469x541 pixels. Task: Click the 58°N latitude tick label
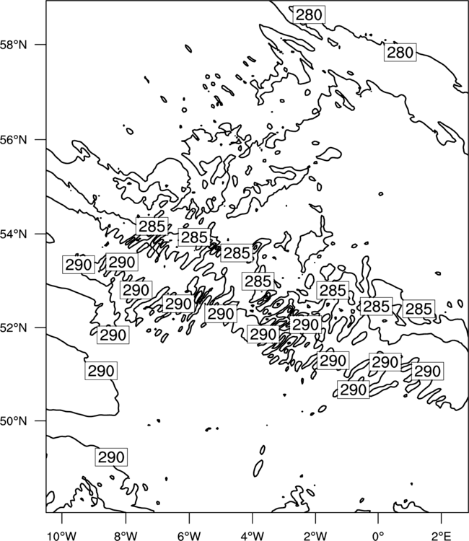(14, 45)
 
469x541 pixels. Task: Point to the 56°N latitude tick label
(14, 140)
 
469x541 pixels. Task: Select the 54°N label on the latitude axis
(14, 234)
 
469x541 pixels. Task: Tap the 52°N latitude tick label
(14, 327)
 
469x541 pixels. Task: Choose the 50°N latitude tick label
(14, 421)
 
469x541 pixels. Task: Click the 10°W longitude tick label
(62, 536)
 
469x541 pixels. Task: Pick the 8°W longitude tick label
(126, 536)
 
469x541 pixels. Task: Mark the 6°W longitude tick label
(189, 536)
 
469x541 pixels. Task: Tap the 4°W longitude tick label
(253, 536)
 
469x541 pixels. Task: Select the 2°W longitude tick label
(315, 536)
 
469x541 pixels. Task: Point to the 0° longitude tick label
(378, 536)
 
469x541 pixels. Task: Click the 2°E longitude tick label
(442, 536)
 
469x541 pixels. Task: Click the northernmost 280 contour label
(309, 15)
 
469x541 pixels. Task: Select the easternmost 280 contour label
(400, 53)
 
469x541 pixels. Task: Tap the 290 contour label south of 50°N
(111, 457)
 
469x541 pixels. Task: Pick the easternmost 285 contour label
(418, 309)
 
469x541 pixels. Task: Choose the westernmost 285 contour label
(152, 226)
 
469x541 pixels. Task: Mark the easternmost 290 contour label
(427, 371)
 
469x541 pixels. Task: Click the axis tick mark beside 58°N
(40, 45)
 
